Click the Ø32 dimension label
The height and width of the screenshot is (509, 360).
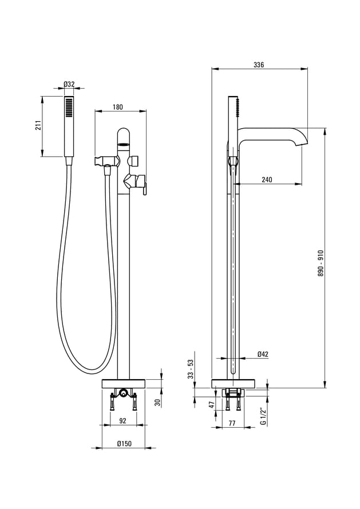[x=69, y=84]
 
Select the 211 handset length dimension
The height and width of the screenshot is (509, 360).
[x=38, y=125]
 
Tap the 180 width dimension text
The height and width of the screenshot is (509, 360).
[x=118, y=107]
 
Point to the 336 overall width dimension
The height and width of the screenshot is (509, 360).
[x=259, y=65]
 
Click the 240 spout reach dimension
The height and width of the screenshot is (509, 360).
[x=267, y=180]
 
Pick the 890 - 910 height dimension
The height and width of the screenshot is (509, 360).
[x=321, y=263]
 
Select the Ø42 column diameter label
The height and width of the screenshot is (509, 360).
[x=263, y=354]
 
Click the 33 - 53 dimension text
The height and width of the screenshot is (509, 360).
[x=191, y=369]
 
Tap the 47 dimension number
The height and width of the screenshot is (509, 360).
[x=212, y=404]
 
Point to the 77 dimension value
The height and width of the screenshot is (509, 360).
[x=232, y=423]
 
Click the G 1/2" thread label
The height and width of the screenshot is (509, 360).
[x=263, y=416]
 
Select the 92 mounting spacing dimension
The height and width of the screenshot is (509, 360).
[x=122, y=421]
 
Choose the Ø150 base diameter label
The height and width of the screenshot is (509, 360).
[x=124, y=444]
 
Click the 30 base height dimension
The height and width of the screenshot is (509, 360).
[x=157, y=403]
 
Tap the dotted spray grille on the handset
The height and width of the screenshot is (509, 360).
[x=69, y=108]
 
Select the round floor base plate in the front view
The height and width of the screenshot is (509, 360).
[x=124, y=383]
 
